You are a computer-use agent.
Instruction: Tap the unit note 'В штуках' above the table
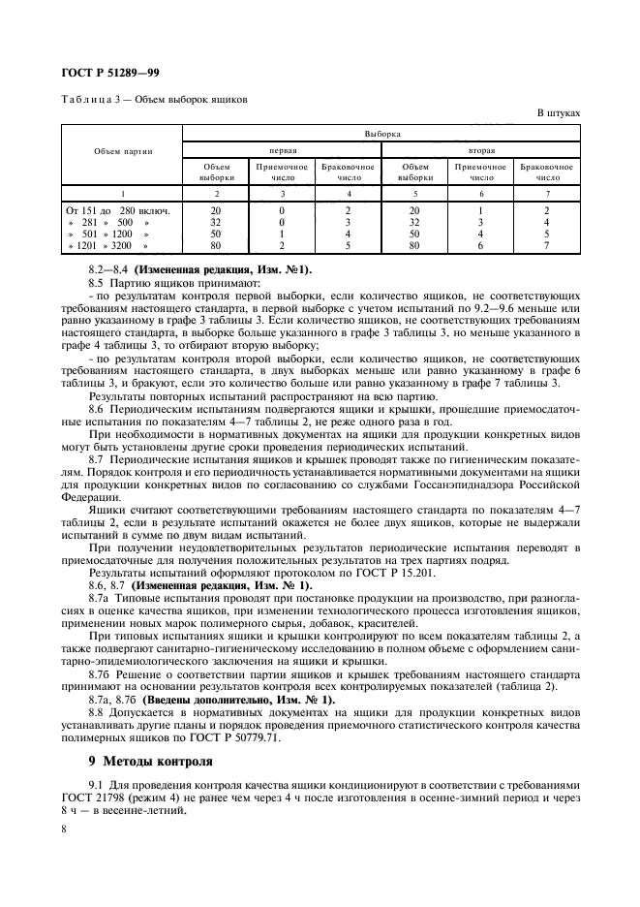coord(559,113)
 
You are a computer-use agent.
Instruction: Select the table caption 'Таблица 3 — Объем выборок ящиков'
coord(155,99)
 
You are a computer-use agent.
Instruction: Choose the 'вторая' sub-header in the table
coord(481,150)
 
